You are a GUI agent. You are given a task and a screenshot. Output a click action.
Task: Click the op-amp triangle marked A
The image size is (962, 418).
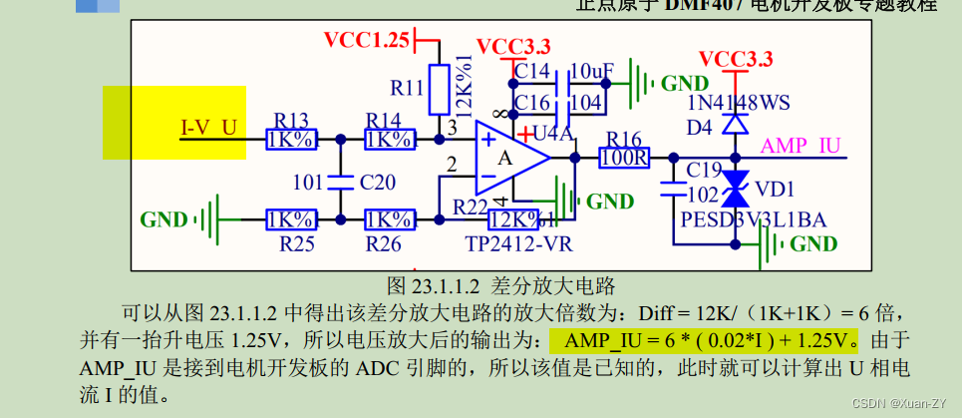(507, 158)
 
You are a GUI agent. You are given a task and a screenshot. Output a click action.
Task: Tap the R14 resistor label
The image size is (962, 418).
(385, 119)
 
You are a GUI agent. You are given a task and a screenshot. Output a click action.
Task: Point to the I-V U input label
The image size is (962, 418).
(208, 128)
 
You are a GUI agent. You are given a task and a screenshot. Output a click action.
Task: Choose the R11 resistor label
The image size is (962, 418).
(408, 88)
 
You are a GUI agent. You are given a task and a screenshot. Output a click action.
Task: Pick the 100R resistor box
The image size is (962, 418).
(624, 158)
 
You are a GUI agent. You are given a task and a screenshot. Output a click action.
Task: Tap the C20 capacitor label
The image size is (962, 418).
(378, 182)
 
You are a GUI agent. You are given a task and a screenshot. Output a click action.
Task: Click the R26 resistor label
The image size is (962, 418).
(383, 242)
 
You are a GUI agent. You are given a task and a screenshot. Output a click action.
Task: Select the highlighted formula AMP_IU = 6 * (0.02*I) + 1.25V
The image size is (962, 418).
(705, 340)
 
